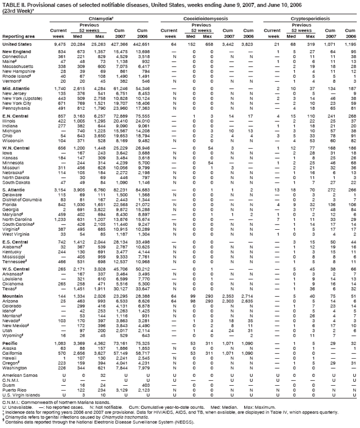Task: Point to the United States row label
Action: point(16,44)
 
